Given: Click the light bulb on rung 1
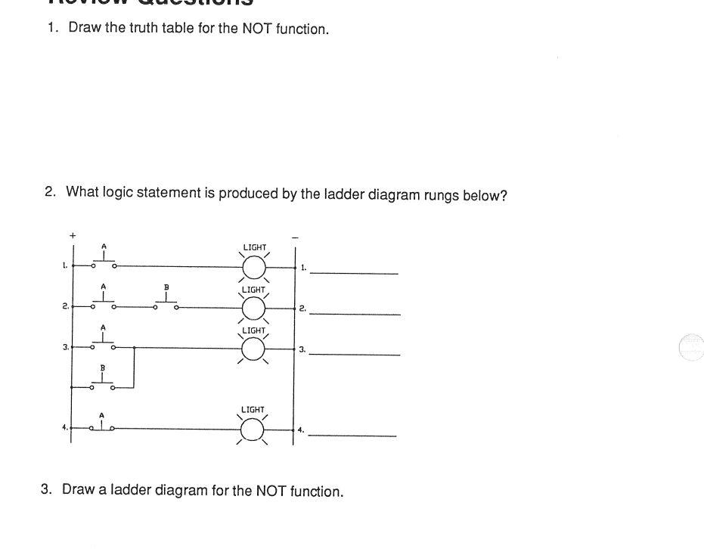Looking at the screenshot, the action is coord(254,267).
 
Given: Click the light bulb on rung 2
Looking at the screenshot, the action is coord(254,309).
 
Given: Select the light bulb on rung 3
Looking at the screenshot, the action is coord(254,349).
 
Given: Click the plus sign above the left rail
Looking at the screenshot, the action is coord(73,236).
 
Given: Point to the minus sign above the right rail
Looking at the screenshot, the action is coord(295,238).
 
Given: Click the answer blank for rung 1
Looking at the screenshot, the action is coord(355,273).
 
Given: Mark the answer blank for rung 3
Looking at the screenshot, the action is coord(355,354).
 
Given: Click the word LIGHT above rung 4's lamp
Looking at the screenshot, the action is coord(253,410).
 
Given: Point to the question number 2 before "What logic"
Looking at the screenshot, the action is coord(50,192).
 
